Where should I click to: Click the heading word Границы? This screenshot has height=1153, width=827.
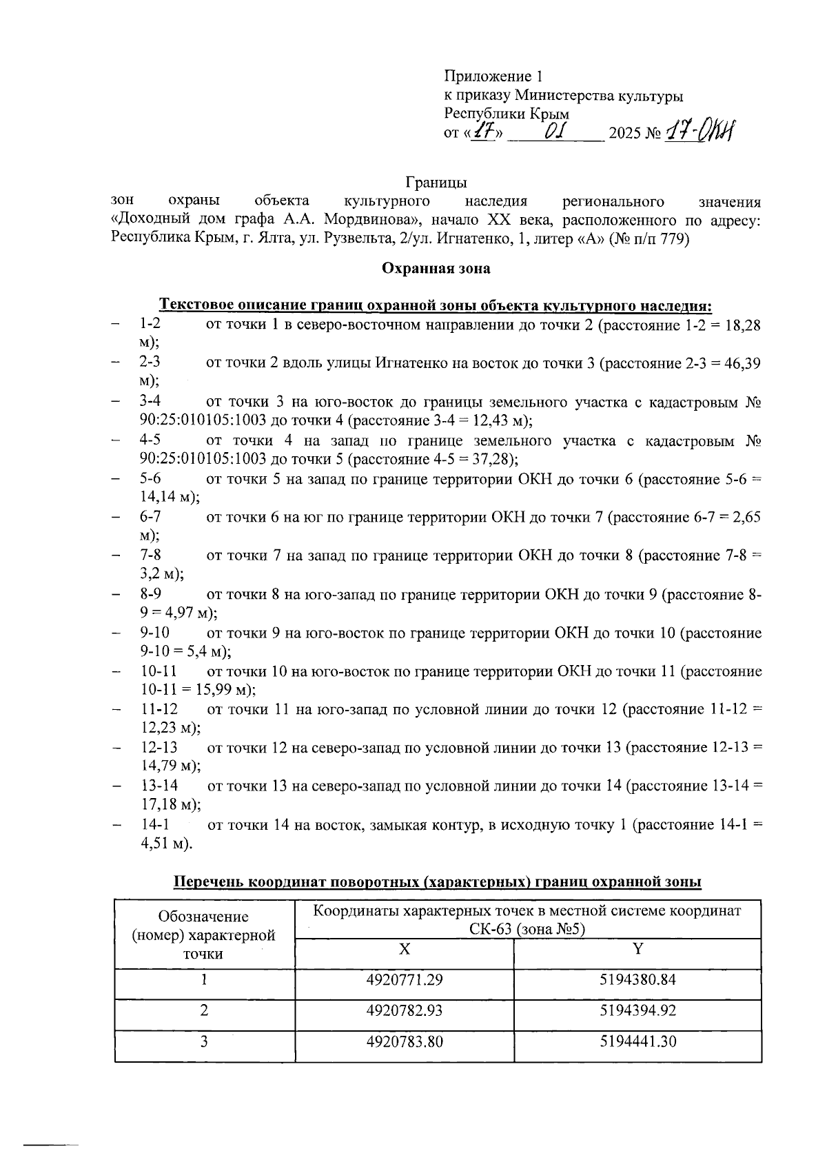click(436, 183)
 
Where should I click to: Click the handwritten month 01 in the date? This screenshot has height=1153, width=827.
click(555, 130)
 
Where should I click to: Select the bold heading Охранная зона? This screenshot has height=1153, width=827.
click(436, 269)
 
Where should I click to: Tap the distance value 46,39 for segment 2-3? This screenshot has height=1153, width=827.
click(744, 363)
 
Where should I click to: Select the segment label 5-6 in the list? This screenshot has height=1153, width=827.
click(150, 479)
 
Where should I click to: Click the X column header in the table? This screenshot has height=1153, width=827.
click(404, 949)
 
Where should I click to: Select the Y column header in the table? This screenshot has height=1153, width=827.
click(637, 949)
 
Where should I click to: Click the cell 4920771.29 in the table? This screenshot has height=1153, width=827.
click(404, 979)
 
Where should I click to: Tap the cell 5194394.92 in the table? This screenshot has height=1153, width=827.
click(637, 1010)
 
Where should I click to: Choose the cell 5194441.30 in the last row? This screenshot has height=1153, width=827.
click(637, 1041)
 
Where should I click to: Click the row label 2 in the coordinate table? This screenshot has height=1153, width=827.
click(204, 1010)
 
